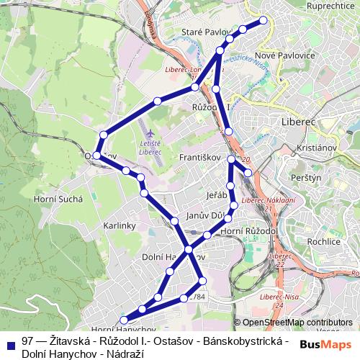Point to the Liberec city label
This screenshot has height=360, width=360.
[x=300, y=122]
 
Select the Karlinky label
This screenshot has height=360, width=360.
[x=120, y=225]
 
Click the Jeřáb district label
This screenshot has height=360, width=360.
[x=216, y=195]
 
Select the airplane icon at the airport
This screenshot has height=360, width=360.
[x=150, y=135]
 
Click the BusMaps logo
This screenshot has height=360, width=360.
[x=325, y=345]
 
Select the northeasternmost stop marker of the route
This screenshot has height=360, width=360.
[x=263, y=20]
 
